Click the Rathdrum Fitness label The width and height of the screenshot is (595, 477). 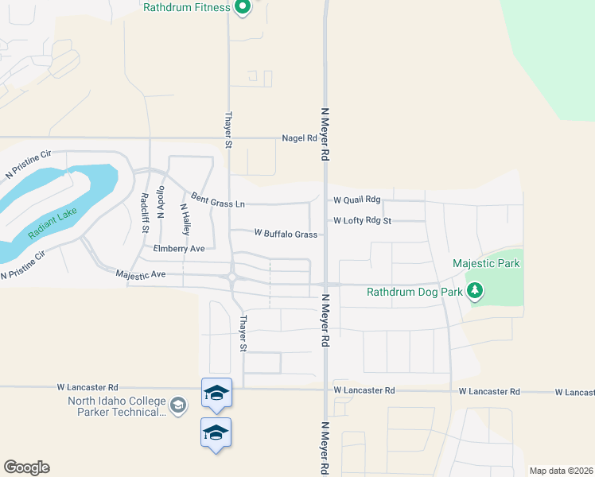[x=187, y=7]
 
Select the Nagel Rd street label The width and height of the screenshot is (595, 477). [x=300, y=138]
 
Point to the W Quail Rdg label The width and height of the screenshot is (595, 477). [x=357, y=200]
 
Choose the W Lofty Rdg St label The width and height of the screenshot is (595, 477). [x=363, y=220]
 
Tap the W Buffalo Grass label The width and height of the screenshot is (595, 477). [x=286, y=234]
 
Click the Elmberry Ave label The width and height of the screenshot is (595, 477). [x=179, y=249]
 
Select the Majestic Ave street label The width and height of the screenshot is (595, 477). [x=140, y=274]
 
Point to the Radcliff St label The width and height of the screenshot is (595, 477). [x=144, y=213]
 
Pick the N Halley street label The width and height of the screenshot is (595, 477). [x=185, y=218]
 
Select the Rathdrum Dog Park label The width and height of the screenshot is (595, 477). [x=414, y=292]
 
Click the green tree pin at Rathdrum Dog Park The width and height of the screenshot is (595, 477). [x=475, y=291]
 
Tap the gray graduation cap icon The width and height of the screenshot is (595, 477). [x=178, y=405]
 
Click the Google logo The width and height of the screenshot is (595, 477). [x=26, y=467]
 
